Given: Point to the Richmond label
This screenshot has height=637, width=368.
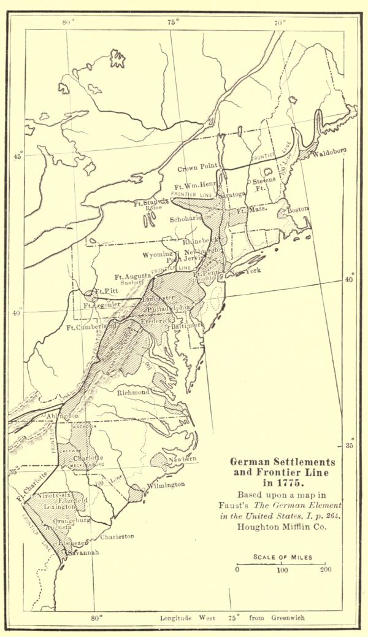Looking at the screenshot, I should [x=133, y=392].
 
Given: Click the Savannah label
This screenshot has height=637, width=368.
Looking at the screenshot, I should [x=82, y=552].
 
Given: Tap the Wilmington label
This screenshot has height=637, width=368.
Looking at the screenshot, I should [x=166, y=485].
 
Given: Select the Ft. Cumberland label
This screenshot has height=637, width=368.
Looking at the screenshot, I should [x=91, y=327].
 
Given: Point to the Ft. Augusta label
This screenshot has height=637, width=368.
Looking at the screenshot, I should [x=133, y=277].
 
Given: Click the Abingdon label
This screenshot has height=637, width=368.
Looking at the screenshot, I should [x=62, y=416].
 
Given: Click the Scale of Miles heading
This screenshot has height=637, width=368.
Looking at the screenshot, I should [x=283, y=557].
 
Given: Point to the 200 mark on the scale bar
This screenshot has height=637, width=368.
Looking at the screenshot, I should [x=325, y=569].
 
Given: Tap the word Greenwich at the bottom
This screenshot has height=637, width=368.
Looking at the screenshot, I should [x=288, y=617].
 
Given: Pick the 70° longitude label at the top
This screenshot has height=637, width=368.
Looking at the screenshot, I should [x=280, y=23].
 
